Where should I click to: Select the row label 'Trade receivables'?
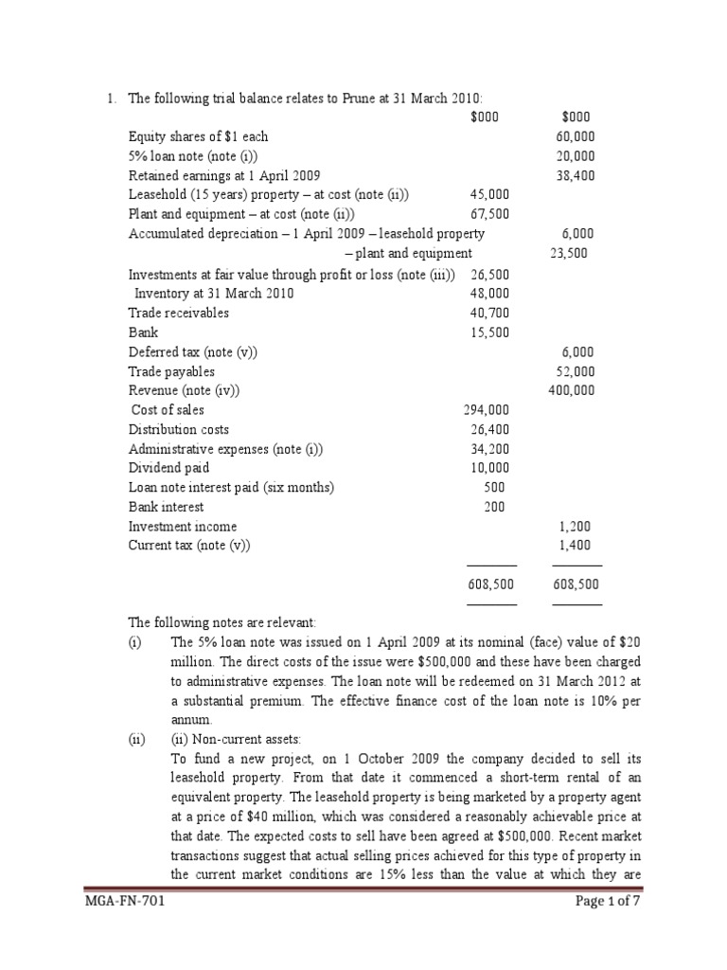coord(179,313)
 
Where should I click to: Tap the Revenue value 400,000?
coord(573,390)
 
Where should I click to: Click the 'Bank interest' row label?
coord(168,507)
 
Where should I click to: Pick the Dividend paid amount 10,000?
coord(488,468)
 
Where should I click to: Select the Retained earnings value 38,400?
coord(576,176)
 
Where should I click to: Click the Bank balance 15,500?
coord(488,332)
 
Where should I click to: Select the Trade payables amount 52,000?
coord(576,371)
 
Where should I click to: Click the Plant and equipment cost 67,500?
coord(488,215)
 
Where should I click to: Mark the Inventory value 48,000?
coord(488,294)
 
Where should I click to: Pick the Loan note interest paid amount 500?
coord(493,488)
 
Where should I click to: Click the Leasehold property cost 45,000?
coord(488,195)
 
